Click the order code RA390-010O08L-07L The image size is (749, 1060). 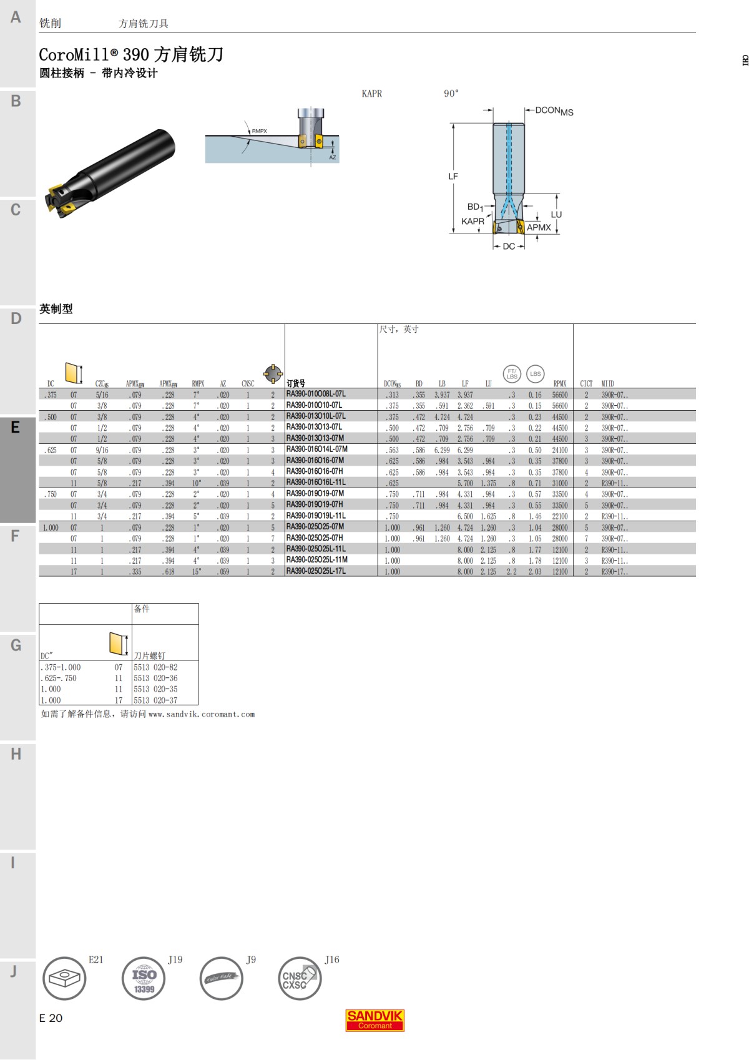pyautogui.click(x=316, y=394)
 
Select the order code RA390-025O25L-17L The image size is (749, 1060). pyautogui.click(x=316, y=571)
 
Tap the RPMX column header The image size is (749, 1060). pyautogui.click(x=559, y=384)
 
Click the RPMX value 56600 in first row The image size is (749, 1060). pyautogui.click(x=559, y=395)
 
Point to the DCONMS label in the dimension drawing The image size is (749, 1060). pyautogui.click(x=554, y=111)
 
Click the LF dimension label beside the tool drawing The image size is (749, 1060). pyautogui.click(x=453, y=177)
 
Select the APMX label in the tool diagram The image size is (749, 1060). pyautogui.click(x=539, y=228)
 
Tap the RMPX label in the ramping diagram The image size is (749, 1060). pyautogui.click(x=259, y=131)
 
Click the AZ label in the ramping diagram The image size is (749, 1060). pyautogui.click(x=332, y=157)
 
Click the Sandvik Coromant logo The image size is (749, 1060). pyautogui.click(x=374, y=1020)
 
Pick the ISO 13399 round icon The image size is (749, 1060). pyautogui.click(x=144, y=978)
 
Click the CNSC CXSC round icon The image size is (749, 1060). pyautogui.click(x=299, y=978)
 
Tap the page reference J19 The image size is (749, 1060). pyautogui.click(x=175, y=959)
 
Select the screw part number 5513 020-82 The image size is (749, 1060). pyautogui.click(x=155, y=667)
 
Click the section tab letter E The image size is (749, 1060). pyautogui.click(x=16, y=428)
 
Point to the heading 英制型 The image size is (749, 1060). pyautogui.click(x=56, y=309)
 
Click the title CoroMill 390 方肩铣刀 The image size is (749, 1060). pyautogui.click(x=131, y=55)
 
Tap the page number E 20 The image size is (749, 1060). pyautogui.click(x=51, y=1018)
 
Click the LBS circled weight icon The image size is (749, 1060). pyautogui.click(x=535, y=374)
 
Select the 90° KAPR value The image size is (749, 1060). pyautogui.click(x=451, y=94)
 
